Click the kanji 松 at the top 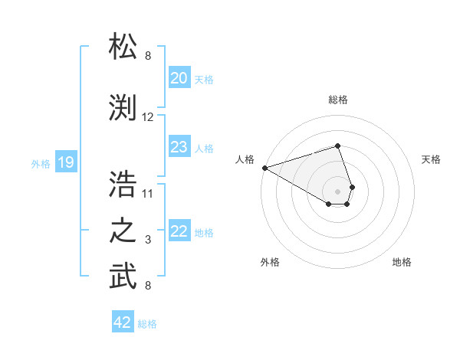pyautogui.click(x=123, y=47)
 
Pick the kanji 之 pyautogui.click(x=123, y=231)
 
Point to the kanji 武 pyautogui.click(x=123, y=277)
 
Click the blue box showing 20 pyautogui.click(x=179, y=78)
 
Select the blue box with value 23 pyautogui.click(x=179, y=147)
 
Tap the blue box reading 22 pyautogui.click(x=179, y=231)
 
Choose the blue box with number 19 pyautogui.click(x=66, y=162)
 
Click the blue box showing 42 pyautogui.click(x=123, y=322)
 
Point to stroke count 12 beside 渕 pyautogui.click(x=148, y=117)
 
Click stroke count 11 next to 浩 pyautogui.click(x=148, y=192)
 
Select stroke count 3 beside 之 pyautogui.click(x=148, y=240)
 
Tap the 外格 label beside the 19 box pyautogui.click(x=41, y=163)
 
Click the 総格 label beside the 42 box pyautogui.click(x=147, y=324)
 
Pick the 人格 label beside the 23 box pyautogui.click(x=204, y=148)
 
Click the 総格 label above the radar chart pyautogui.click(x=338, y=100)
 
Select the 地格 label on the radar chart pyautogui.click(x=402, y=262)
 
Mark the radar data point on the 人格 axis pyautogui.click(x=264, y=167)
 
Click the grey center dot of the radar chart pyautogui.click(x=338, y=189)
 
